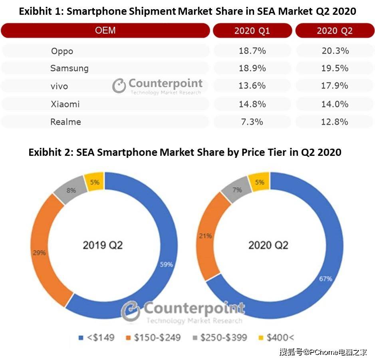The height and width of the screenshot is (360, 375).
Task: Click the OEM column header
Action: click(105, 30)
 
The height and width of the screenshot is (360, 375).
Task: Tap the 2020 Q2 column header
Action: click(335, 31)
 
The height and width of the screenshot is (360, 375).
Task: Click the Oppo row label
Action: click(62, 51)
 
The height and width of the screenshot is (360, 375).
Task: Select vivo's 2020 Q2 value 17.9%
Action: click(335, 86)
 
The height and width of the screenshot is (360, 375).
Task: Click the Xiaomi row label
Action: click(65, 104)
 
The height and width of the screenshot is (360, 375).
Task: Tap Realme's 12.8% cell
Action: click(335, 122)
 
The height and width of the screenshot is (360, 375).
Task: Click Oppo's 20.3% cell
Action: click(335, 51)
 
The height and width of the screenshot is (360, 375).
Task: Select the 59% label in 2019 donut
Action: click(166, 264)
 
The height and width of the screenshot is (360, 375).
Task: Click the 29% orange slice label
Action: click(40, 253)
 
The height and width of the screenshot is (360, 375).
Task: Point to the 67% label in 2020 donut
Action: click(325, 278)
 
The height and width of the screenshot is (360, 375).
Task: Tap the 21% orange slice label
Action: click(205, 236)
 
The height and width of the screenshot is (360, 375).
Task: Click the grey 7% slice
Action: click(237, 190)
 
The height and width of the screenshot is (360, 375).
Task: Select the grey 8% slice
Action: click(71, 191)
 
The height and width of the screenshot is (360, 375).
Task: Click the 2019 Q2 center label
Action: click(103, 245)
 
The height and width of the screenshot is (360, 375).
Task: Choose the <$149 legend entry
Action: click(97, 338)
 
